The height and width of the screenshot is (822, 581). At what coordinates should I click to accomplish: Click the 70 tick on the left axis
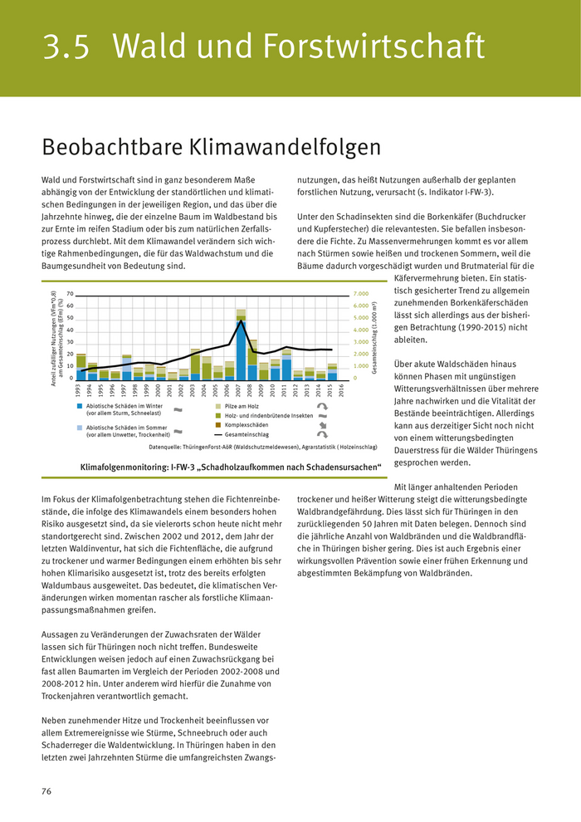pos(70,294)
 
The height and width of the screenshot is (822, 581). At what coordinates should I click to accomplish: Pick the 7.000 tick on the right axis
pos(360,294)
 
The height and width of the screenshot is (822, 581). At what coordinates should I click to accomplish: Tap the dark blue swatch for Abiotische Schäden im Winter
pos(80,406)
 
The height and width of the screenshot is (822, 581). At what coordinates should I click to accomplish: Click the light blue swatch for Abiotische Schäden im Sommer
pos(80,426)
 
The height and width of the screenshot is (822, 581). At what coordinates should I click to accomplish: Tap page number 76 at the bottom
pos(46,790)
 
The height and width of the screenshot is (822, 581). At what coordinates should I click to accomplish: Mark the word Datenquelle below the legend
pos(165,447)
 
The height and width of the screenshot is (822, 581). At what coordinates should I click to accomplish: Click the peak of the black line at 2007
pos(241,320)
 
